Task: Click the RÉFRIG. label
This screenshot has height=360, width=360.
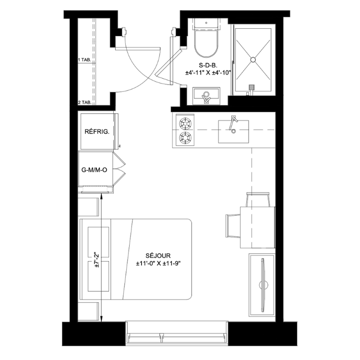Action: [x=97, y=132]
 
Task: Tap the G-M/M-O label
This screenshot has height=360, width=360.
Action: [x=94, y=170]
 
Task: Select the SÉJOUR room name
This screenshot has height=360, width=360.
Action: [x=158, y=255]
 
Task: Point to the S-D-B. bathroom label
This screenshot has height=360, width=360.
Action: [x=208, y=65]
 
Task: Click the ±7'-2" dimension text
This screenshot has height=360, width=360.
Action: [x=96, y=260]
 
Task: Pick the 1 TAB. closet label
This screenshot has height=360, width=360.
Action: [x=84, y=60]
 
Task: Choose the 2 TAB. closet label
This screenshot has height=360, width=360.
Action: [x=84, y=103]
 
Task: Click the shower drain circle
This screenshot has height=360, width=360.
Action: [x=253, y=60]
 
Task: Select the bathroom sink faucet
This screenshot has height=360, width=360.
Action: [x=206, y=97]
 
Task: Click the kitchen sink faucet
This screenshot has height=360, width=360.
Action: [x=233, y=124]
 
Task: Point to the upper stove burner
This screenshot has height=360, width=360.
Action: [x=185, y=123]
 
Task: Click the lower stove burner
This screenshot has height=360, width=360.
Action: [x=185, y=137]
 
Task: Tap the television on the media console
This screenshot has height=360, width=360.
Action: [x=263, y=285]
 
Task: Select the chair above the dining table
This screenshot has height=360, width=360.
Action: [x=258, y=199]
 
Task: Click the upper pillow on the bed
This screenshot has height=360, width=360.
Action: [x=98, y=243]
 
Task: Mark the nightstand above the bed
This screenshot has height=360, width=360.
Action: [x=88, y=206]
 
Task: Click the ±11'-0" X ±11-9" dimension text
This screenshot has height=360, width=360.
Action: [x=158, y=264]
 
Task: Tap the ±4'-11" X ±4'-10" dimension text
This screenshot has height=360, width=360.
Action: [x=208, y=73]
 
